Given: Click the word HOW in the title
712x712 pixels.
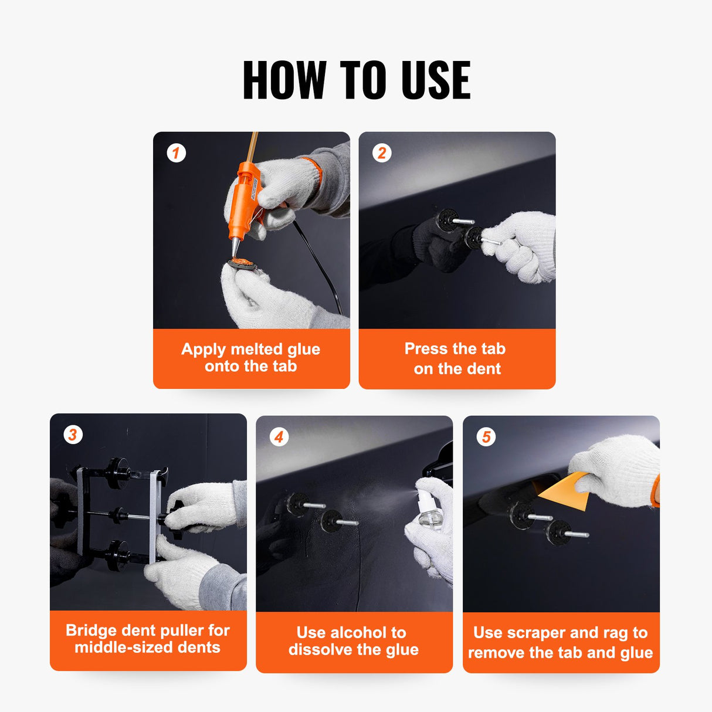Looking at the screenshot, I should [284, 80].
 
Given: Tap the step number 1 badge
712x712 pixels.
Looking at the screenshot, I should [176, 153].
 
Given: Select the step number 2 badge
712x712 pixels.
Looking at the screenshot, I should [382, 153].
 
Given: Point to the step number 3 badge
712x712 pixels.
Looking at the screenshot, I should [73, 435].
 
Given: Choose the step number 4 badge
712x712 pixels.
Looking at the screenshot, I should [279, 437].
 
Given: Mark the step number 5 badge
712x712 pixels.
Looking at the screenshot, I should [486, 437].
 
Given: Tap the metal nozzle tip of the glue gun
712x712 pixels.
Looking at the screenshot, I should [235, 249].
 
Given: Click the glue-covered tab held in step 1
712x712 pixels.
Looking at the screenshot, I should [242, 264].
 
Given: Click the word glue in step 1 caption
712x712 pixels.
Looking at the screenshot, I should [304, 349].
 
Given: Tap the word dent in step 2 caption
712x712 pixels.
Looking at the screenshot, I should [484, 369].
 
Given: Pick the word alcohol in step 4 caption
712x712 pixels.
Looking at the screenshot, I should [358, 633].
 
